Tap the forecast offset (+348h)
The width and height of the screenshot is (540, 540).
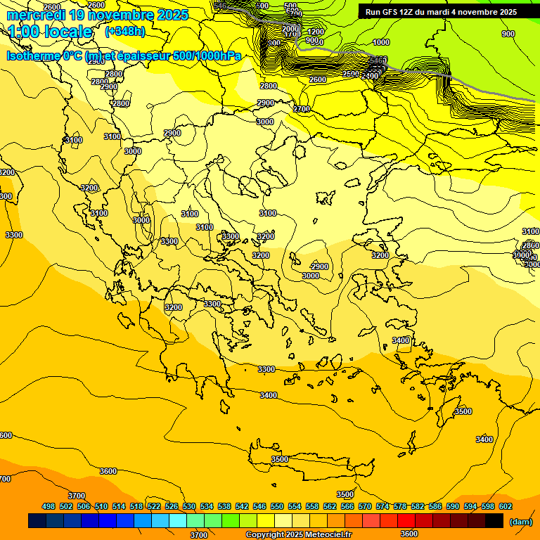[x=125, y=32]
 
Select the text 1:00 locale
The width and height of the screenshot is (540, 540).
[x=51, y=32]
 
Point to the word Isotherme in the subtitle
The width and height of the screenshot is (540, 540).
[x=33, y=56]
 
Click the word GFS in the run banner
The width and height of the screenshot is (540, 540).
[x=390, y=12]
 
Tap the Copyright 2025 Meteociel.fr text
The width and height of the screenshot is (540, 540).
[x=298, y=534]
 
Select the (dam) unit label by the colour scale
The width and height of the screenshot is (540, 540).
[x=520, y=521]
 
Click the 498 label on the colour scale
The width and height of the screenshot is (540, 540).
[x=49, y=506]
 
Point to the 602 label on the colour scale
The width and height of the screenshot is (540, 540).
[x=506, y=506]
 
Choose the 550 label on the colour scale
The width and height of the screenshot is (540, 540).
[x=277, y=506]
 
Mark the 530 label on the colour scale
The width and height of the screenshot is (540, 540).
[x=189, y=506]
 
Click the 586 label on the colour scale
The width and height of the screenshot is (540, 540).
[x=435, y=506]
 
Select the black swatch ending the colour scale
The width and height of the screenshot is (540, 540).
[x=494, y=520]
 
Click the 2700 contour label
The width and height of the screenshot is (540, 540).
[x=302, y=109]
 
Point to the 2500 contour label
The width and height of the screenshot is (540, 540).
[x=351, y=74]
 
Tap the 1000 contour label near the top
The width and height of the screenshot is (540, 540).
[x=381, y=42]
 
